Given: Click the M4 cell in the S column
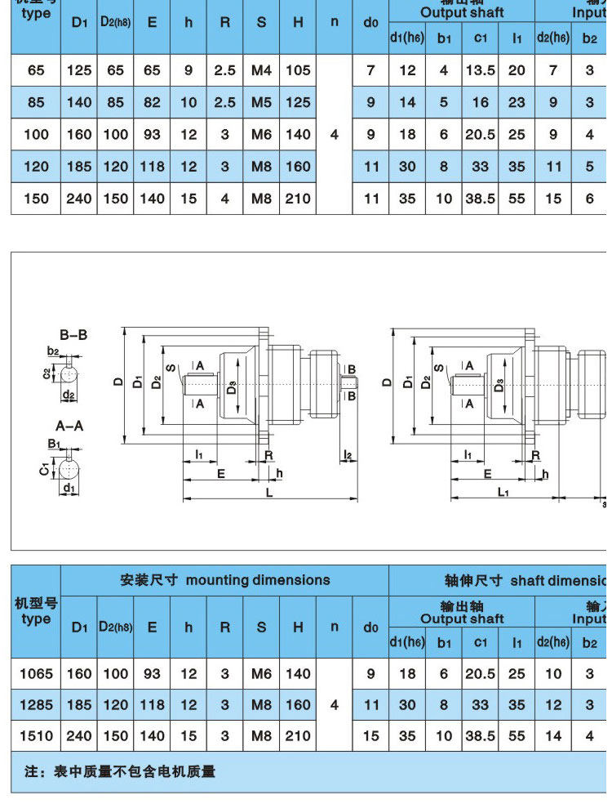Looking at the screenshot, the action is (261, 70).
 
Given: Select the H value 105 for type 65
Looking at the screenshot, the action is (298, 70).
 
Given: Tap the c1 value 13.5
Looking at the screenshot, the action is (480, 70).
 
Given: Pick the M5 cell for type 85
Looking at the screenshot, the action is (261, 103).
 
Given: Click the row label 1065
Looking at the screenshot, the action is (36, 674).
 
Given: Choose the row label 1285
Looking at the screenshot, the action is (36, 704).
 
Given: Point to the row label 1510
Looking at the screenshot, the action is (36, 735).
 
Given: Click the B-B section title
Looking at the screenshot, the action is (73, 335).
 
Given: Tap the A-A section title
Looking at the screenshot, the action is (69, 426).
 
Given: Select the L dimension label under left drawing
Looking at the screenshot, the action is (268, 493).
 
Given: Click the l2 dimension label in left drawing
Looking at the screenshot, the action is (348, 454).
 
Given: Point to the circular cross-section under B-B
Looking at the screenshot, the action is (69, 376).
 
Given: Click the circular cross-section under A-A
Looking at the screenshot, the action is (69, 471).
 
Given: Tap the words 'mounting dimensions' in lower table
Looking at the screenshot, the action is (258, 580).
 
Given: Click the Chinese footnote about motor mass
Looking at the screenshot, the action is (120, 770).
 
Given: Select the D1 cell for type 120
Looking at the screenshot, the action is (79, 167).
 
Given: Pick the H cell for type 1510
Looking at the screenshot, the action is (298, 735).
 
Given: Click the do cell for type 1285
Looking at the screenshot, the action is (370, 704).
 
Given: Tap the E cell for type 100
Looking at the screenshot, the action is (152, 135).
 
